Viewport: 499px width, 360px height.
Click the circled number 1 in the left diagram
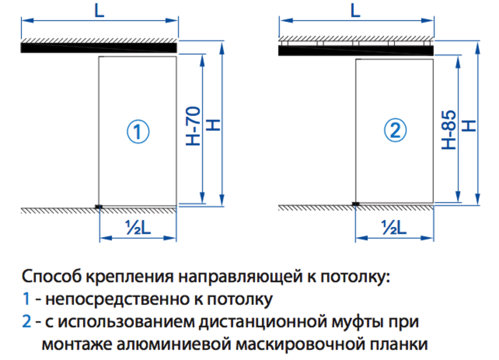point(138,132)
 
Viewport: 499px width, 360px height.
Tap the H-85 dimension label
point(449,129)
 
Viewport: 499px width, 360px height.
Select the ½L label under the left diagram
point(137,227)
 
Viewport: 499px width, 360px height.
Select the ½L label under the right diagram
point(393,227)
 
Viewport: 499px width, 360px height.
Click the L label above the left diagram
point(99,11)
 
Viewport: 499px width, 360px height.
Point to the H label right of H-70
point(213,124)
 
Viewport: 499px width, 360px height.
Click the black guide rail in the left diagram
point(99,48)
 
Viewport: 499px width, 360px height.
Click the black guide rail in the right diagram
point(356,51)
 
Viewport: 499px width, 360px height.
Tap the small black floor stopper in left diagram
point(99,206)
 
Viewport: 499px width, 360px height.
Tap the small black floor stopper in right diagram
point(356,204)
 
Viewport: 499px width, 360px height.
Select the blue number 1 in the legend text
point(26,299)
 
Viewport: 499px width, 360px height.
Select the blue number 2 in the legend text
point(27,322)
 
